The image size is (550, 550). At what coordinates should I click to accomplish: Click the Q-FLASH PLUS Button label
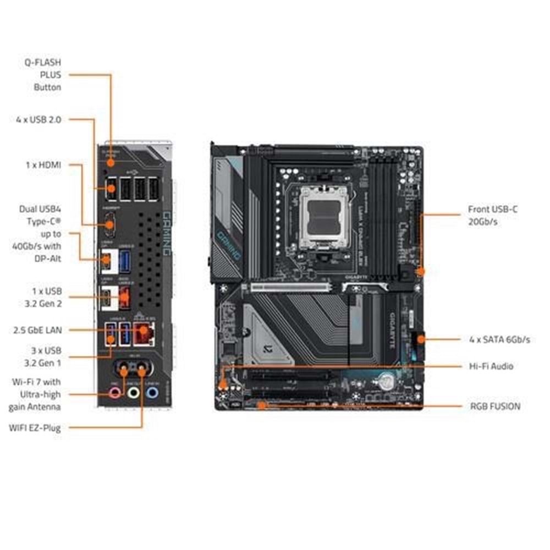(47, 75)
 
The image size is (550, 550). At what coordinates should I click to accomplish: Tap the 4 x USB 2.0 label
(38, 119)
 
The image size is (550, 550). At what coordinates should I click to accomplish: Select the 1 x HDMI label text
(44, 164)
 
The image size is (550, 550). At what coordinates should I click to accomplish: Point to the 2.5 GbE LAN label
(37, 330)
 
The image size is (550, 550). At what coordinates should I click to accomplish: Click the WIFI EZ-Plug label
(35, 427)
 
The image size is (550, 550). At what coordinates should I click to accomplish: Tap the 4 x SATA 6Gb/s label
(499, 339)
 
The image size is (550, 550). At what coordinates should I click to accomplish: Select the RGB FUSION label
(495, 406)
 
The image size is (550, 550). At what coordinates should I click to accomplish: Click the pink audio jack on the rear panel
(115, 393)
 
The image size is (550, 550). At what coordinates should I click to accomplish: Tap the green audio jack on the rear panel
(133, 393)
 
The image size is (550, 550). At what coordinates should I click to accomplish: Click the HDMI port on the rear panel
(110, 224)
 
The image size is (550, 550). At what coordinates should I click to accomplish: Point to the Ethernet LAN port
(145, 332)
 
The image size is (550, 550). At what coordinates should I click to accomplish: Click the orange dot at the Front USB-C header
(421, 271)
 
